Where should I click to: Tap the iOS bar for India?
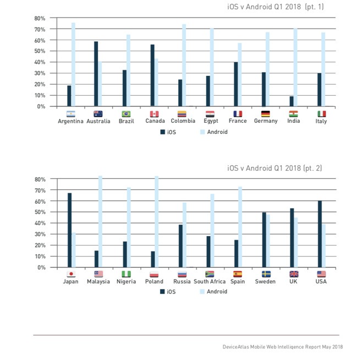click(291, 101)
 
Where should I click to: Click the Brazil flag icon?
click(126, 114)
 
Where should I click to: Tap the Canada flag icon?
click(155, 114)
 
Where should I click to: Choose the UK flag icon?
click(294, 274)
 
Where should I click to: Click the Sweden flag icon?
click(266, 274)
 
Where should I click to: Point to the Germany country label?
click(266, 122)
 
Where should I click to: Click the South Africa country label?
click(210, 282)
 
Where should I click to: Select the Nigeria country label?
click(126, 282)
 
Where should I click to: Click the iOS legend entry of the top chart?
click(168, 132)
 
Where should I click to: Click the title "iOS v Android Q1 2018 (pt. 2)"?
click(275, 167)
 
